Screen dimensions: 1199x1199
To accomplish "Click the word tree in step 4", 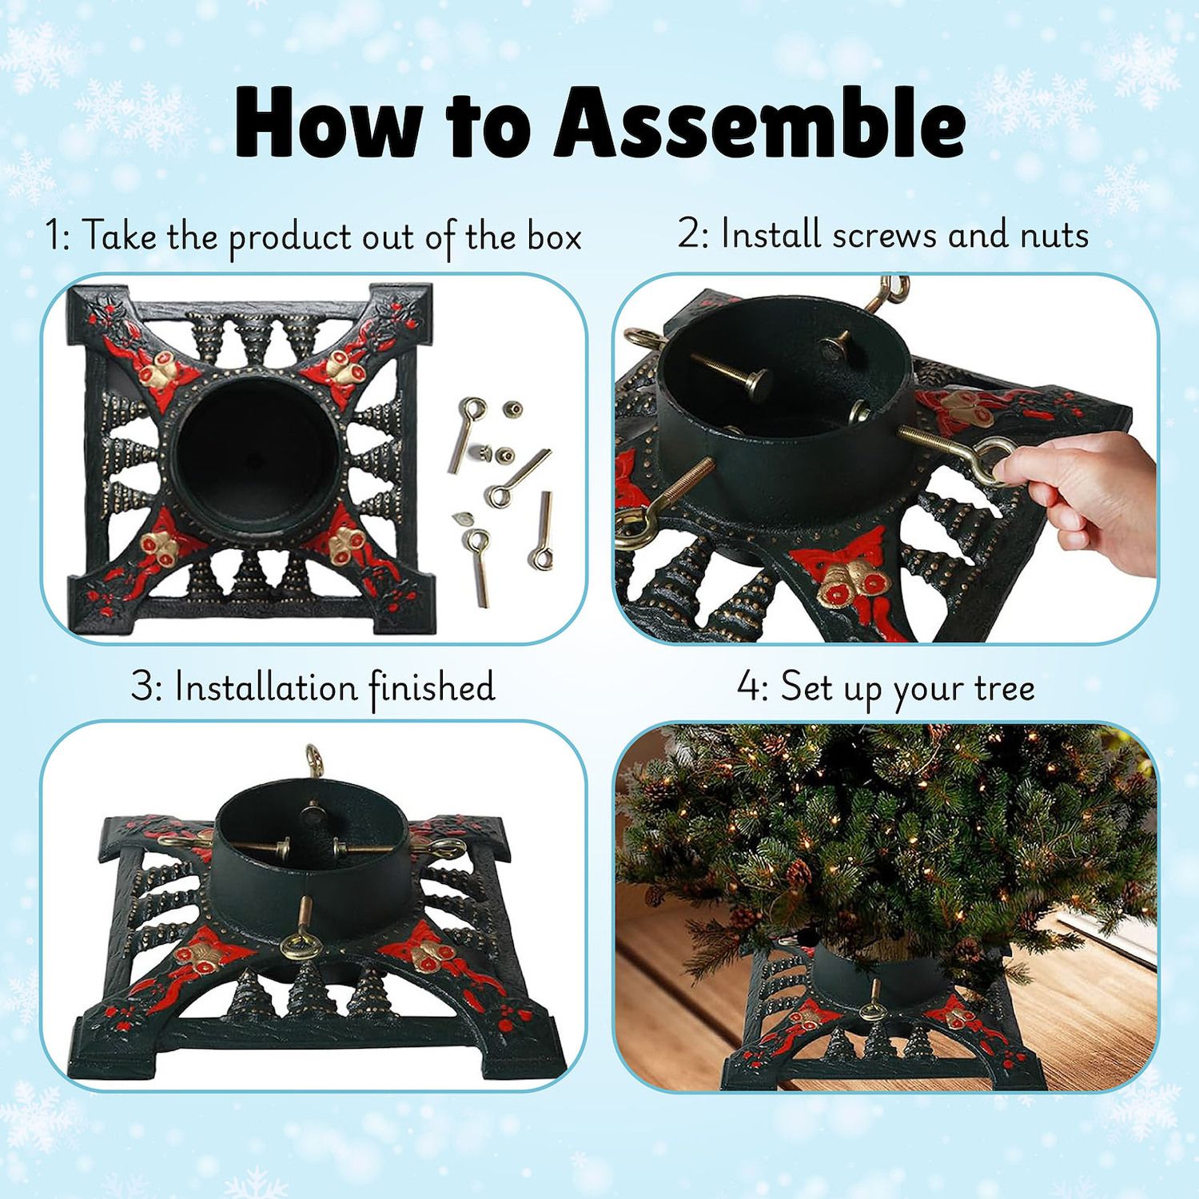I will (x=1004, y=688).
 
